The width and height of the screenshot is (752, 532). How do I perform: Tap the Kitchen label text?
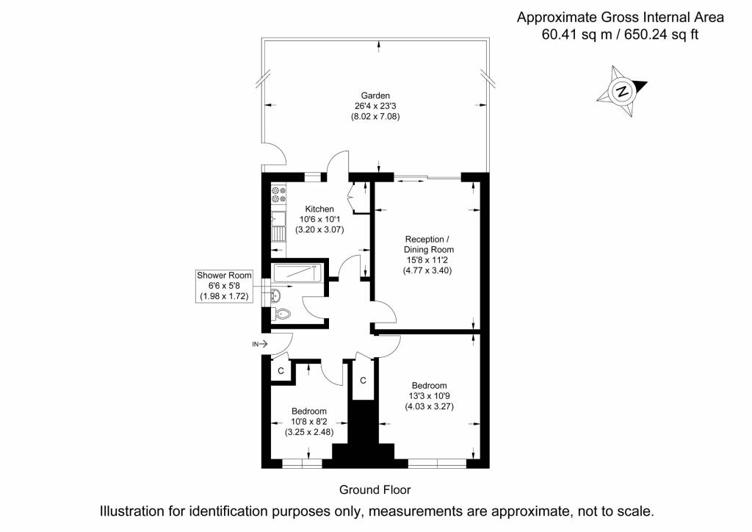(x=319, y=209)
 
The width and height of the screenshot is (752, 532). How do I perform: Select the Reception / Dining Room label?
(x=428, y=244)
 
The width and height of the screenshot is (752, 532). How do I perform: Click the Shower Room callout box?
(x=224, y=286)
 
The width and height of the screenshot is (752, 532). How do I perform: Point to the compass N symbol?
(x=621, y=91)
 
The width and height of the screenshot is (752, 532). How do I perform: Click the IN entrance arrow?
(x=260, y=344)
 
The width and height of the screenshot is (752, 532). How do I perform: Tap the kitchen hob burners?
(x=278, y=195)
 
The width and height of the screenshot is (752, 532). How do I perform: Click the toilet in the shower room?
(x=281, y=314)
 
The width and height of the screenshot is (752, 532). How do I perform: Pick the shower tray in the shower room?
(x=297, y=273)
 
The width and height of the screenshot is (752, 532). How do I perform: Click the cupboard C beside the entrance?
(x=281, y=371)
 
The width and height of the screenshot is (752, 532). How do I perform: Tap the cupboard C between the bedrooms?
(x=363, y=380)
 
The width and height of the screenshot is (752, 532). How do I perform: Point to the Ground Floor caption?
(x=375, y=490)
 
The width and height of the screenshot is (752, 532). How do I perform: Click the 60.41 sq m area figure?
(x=577, y=35)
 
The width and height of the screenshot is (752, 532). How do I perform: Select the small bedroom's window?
(x=302, y=464)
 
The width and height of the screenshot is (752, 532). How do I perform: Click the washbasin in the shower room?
(x=275, y=295)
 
